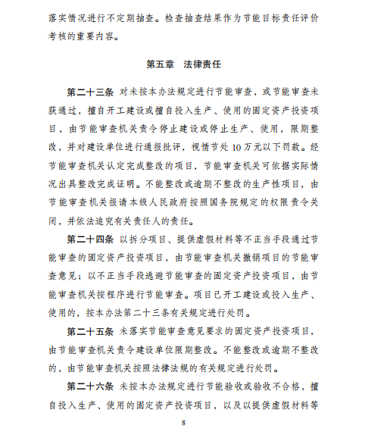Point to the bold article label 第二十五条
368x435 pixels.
coord(90,331)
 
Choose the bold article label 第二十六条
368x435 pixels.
coord(90,386)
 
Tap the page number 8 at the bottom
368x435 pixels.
coord(183,422)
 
